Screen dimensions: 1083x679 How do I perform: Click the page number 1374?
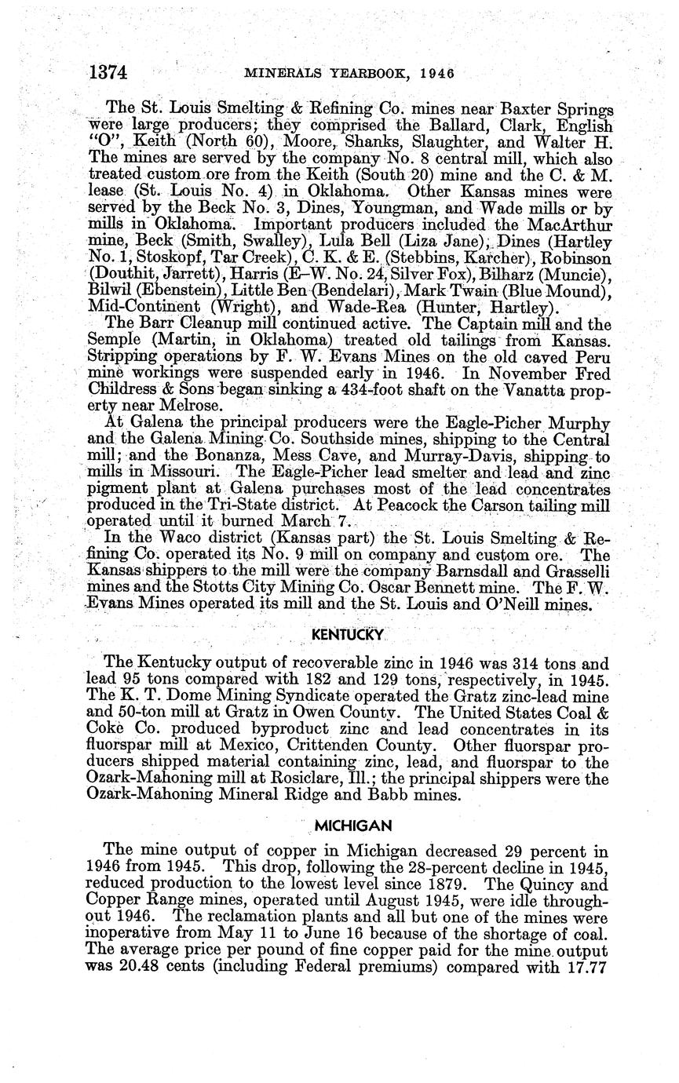point(108,73)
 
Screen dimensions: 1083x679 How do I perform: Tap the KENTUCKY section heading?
point(337,633)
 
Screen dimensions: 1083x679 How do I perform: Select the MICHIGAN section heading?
point(347,826)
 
